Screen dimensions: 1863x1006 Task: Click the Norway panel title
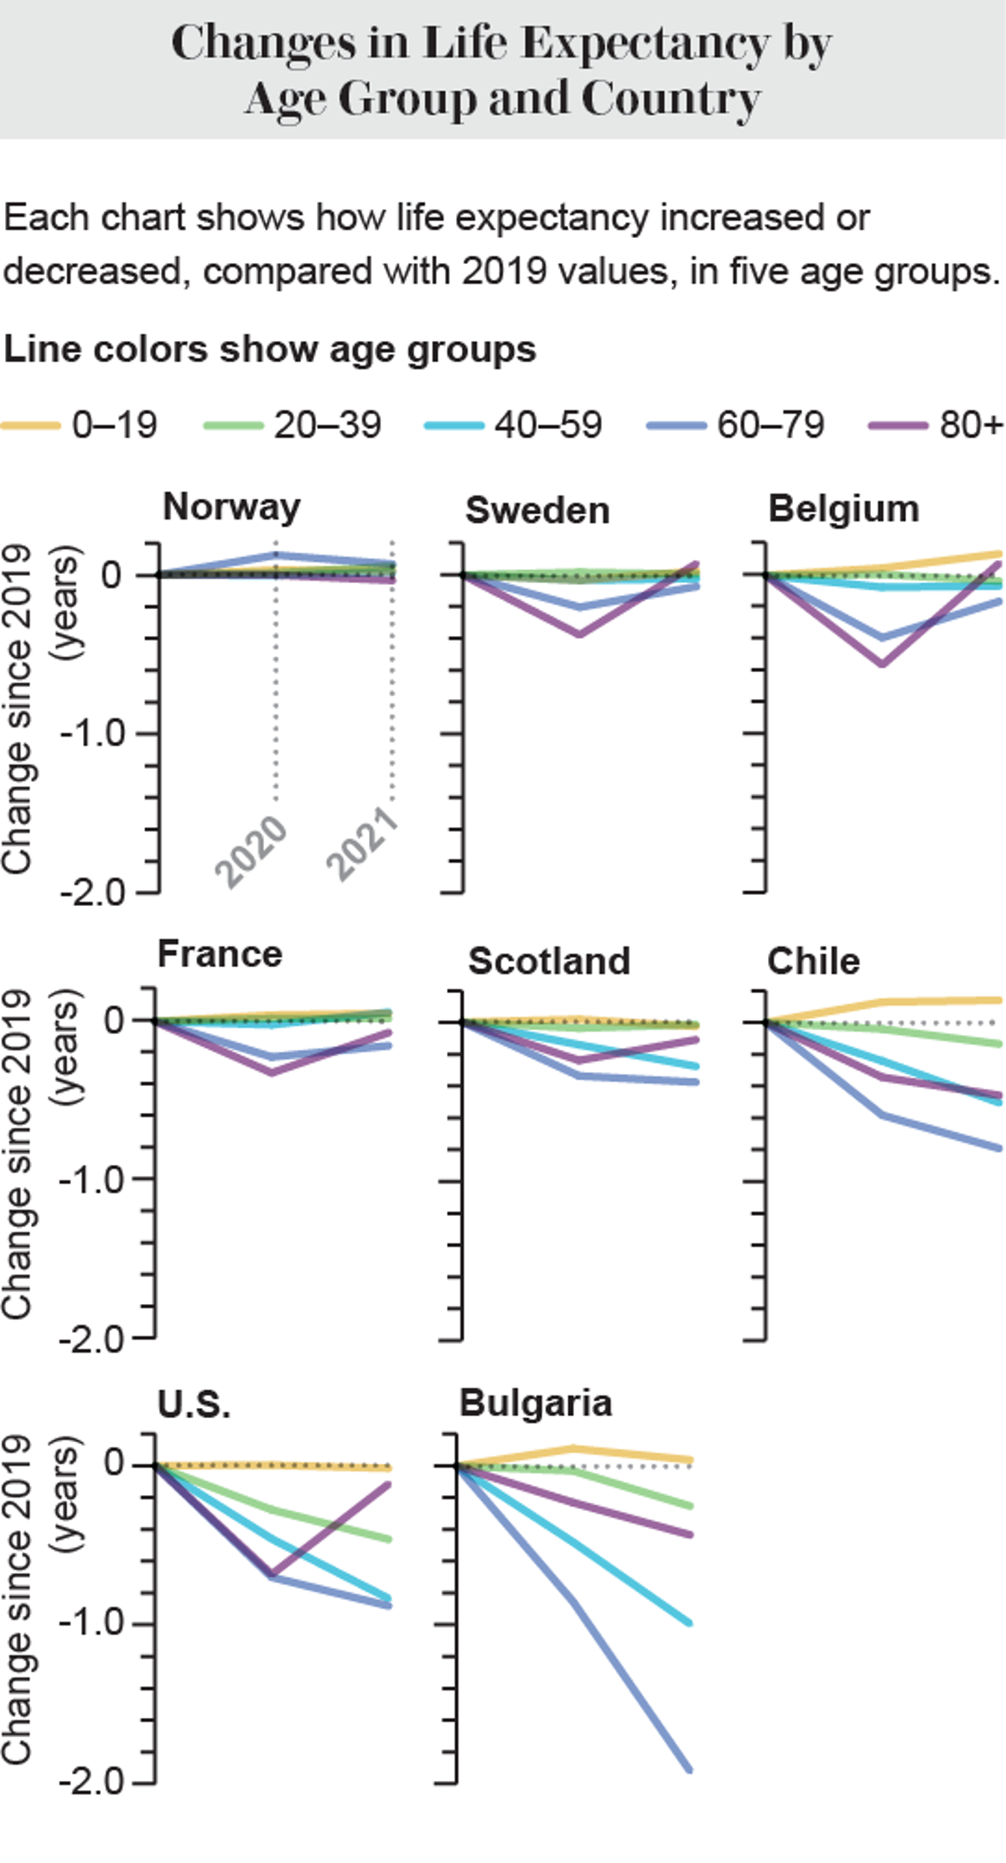(231, 507)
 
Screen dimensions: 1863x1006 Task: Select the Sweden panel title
(537, 510)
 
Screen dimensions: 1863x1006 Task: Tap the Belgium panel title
(843, 509)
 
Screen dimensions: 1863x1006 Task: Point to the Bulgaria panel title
(536, 1403)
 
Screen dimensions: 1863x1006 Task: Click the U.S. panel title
(194, 1404)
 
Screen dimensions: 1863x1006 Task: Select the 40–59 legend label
(547, 425)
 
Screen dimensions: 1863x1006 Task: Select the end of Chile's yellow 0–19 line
(999, 1000)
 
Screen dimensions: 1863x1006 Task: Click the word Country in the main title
(670, 99)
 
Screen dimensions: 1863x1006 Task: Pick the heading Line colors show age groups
(269, 349)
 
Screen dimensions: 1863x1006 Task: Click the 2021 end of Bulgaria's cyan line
(689, 1622)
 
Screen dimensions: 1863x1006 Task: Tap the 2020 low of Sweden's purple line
(579, 634)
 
